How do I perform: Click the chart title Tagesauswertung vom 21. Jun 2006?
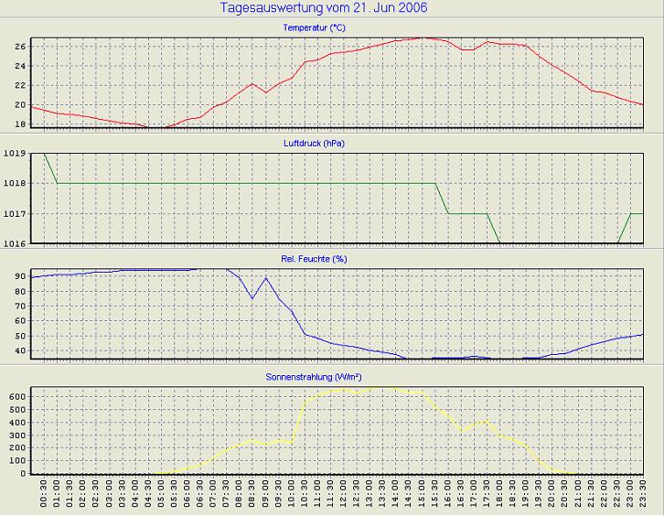(x=324, y=8)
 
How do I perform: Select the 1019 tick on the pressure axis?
(x=16, y=154)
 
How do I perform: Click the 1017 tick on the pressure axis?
(x=16, y=213)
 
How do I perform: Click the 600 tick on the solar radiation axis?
(x=16, y=396)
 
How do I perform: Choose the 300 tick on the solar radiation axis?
(x=16, y=435)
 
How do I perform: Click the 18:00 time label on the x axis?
(x=498, y=495)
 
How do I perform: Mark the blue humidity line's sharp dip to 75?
(x=252, y=298)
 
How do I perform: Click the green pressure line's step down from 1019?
(x=51, y=169)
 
